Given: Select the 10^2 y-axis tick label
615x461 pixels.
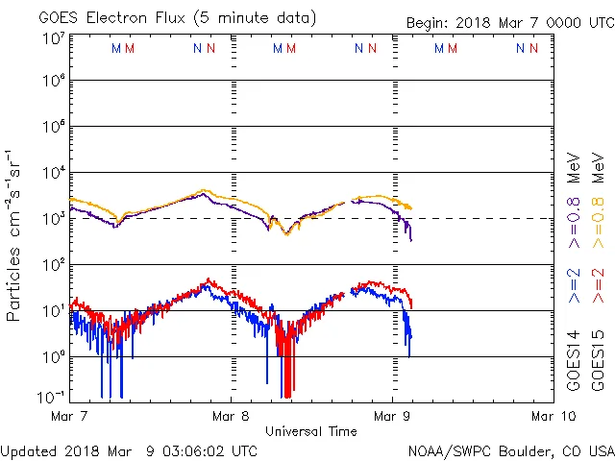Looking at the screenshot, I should click(x=53, y=265).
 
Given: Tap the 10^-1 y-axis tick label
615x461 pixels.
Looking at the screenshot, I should click(x=53, y=397).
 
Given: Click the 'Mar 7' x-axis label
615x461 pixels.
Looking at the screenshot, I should click(x=71, y=417).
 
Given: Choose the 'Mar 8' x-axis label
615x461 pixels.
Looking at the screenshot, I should click(x=231, y=417).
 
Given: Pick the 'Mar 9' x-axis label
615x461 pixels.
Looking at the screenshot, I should click(x=391, y=417).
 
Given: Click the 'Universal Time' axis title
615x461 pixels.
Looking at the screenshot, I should click(x=311, y=431).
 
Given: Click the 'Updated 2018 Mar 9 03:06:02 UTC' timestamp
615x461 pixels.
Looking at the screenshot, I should click(x=129, y=450).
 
